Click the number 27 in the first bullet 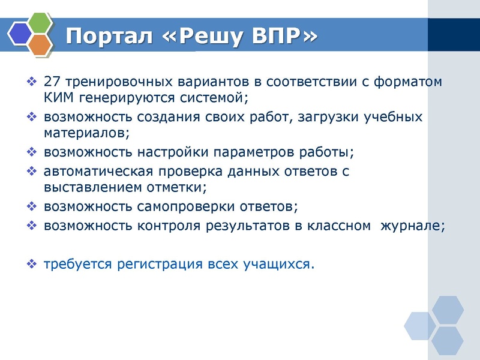pyautogui.click(x=52, y=82)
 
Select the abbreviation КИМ pyautogui.click(x=58, y=96)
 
